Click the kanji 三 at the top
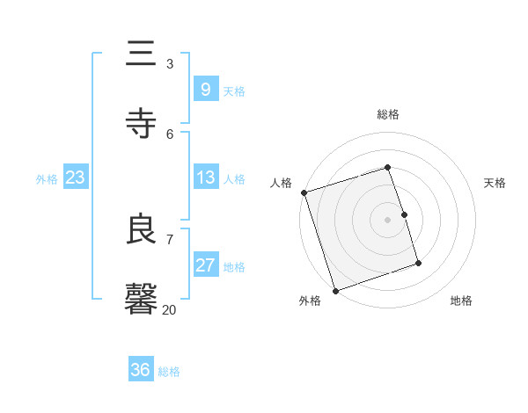[x=143, y=54]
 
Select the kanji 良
[x=143, y=229]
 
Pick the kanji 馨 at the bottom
[x=143, y=299]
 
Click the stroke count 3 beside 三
[x=170, y=63]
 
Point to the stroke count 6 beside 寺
[x=170, y=134]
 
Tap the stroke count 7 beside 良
[x=170, y=239]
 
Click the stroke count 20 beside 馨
[x=169, y=309]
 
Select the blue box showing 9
[x=205, y=89]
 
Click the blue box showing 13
[x=205, y=178]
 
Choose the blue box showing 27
[x=205, y=265]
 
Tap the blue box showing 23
[x=76, y=178]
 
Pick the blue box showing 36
[x=141, y=370]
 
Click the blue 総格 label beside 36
[x=169, y=372]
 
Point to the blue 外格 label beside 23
[x=47, y=178]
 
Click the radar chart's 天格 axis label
[x=495, y=183]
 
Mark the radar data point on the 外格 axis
[x=334, y=290]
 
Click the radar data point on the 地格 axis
[x=418, y=263]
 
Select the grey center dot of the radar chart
[x=388, y=220]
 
